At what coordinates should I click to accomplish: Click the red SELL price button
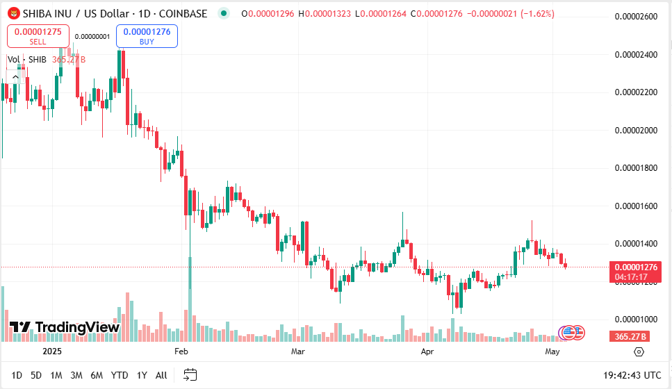38,36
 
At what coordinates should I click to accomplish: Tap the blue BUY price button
147,36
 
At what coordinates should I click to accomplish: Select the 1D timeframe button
17,375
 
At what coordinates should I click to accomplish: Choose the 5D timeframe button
36,375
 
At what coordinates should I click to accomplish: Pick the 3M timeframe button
76,375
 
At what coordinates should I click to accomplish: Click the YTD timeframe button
120,375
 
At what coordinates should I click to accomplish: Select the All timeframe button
161,375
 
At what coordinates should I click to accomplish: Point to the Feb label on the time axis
181,352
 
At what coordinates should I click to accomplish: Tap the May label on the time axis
552,352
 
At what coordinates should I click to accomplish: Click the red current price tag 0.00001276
632,267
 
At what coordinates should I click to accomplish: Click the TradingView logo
65,327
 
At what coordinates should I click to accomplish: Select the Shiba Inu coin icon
13,13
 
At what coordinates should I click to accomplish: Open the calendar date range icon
189,375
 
